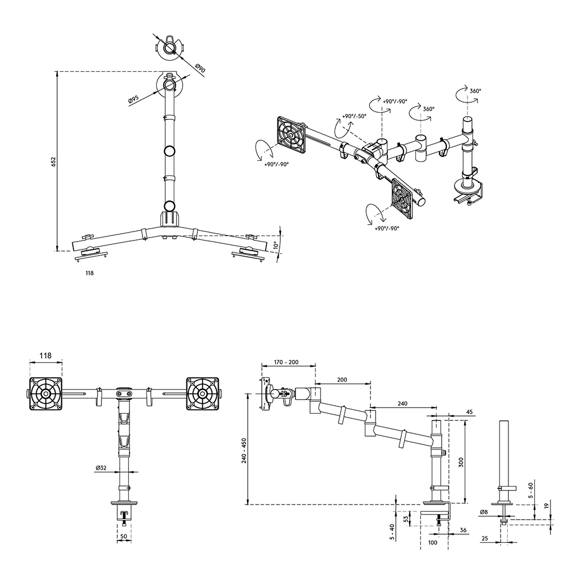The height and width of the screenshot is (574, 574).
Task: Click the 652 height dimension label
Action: pyautogui.click(x=53, y=162)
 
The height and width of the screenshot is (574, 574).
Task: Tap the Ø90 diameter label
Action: pyautogui.click(x=200, y=68)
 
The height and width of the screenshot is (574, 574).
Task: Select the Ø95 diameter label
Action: pyautogui.click(x=133, y=100)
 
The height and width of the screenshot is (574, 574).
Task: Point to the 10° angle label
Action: pyautogui.click(x=276, y=244)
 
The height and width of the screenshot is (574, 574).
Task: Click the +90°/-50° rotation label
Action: pyautogui.click(x=354, y=116)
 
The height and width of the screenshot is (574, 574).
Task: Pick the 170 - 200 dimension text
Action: pyautogui.click(x=286, y=362)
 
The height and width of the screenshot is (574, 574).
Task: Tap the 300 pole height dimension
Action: pyautogui.click(x=461, y=462)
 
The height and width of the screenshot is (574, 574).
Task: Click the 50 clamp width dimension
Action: pyautogui.click(x=124, y=536)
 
